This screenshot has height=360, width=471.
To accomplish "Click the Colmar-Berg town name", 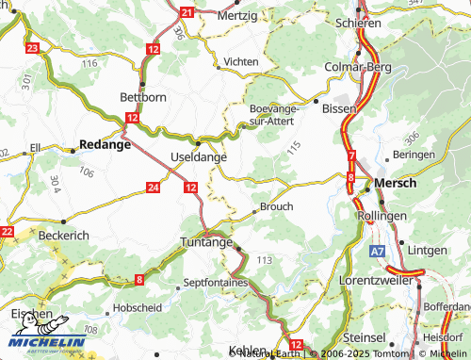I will (x=357, y=66).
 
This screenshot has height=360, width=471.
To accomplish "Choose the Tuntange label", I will (x=205, y=242).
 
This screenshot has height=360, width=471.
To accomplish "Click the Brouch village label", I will (x=276, y=205).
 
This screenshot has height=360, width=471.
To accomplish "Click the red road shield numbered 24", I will (x=153, y=188).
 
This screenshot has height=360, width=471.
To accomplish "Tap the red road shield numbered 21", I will (x=187, y=12).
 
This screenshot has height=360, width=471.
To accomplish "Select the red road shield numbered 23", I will (x=33, y=47).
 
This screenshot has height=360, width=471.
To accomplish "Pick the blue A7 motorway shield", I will (x=377, y=252).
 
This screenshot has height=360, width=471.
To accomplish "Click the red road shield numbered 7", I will (x=351, y=155).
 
